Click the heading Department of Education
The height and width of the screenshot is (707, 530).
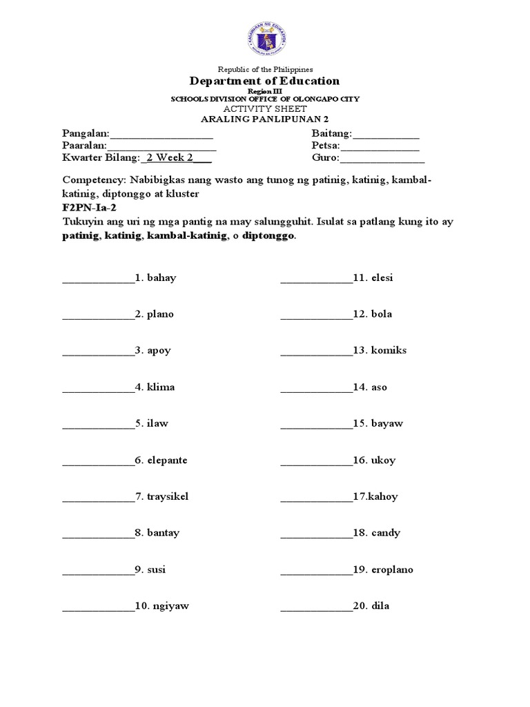(265, 81)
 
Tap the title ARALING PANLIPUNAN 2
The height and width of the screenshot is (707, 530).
(265, 119)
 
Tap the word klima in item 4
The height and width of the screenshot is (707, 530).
(161, 387)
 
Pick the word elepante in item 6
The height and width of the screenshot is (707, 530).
(167, 461)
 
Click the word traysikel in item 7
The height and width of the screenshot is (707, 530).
(168, 496)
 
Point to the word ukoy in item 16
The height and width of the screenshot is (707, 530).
(383, 461)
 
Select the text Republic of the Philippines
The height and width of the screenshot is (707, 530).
(265, 69)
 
